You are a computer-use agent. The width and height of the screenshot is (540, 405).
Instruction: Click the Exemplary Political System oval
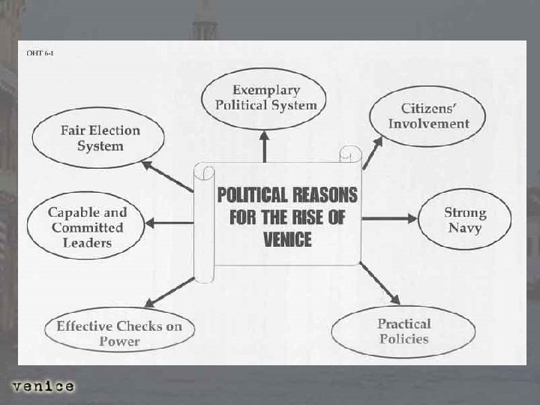click(x=265, y=97)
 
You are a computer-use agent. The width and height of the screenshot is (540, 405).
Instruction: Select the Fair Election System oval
click(x=100, y=137)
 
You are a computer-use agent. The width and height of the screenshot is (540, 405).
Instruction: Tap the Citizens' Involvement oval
click(x=428, y=116)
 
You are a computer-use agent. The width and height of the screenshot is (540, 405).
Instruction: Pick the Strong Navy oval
click(x=464, y=219)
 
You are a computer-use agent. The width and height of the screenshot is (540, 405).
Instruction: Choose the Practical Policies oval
click(x=403, y=331)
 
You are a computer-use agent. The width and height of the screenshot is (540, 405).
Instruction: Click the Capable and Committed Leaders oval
click(x=86, y=227)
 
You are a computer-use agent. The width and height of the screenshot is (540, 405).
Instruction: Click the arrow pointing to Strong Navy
click(x=389, y=218)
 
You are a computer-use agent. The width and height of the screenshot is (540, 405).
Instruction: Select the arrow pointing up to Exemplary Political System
click(x=265, y=146)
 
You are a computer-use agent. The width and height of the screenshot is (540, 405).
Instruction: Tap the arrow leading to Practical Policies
click(x=379, y=282)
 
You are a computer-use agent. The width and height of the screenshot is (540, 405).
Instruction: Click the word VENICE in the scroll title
click(x=288, y=241)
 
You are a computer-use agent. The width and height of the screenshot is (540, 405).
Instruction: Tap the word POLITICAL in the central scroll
click(x=251, y=194)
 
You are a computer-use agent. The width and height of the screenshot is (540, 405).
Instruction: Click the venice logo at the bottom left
click(x=43, y=387)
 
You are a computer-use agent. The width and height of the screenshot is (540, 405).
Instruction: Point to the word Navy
click(x=464, y=227)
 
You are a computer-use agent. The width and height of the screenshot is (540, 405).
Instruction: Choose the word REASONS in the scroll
click(x=324, y=194)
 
